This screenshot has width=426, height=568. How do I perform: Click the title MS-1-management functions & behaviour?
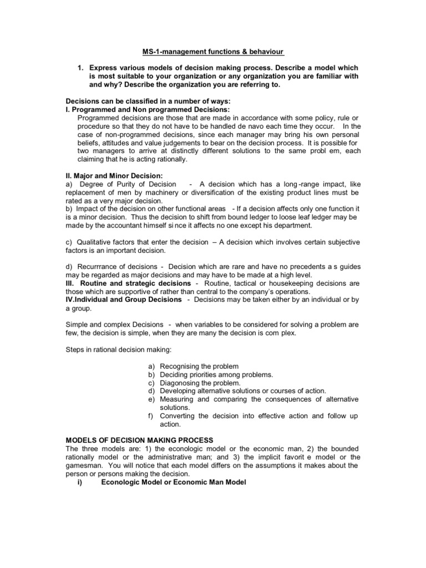tap(212, 52)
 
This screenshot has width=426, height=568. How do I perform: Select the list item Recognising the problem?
tap(199, 367)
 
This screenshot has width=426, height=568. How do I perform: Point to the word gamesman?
tap(83, 466)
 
